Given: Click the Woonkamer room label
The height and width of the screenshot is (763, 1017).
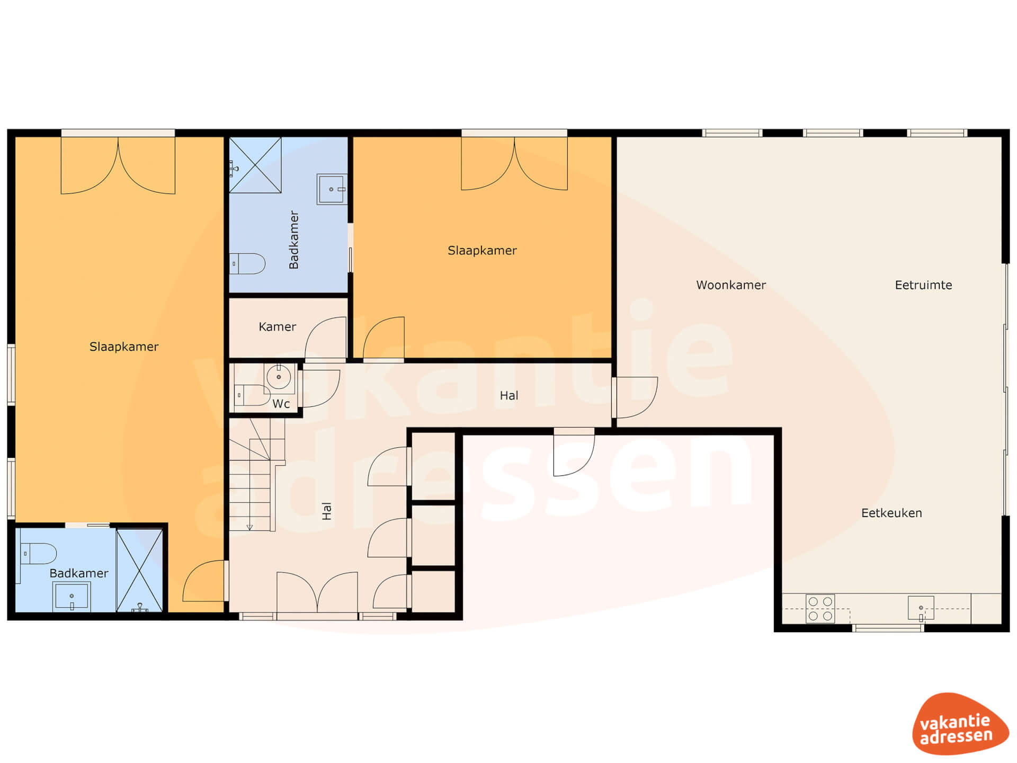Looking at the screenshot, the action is [731, 285].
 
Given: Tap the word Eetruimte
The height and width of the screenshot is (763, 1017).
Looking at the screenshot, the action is [923, 285].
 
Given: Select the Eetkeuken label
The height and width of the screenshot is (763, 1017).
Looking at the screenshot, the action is [891, 513].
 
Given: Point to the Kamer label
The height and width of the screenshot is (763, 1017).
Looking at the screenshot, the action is [277, 327].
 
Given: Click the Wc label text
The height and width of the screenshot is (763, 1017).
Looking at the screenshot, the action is [281, 404].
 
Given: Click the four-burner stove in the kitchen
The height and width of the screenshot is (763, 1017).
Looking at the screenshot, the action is [820, 609].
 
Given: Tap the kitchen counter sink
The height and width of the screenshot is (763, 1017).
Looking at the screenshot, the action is [921, 608].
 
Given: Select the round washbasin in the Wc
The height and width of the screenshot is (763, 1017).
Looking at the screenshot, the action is [279, 377].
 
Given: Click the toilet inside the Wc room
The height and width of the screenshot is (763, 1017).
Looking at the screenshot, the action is [252, 395].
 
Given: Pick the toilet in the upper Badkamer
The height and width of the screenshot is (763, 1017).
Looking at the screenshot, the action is [247, 263].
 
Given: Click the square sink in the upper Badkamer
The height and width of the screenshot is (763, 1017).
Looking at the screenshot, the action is [332, 189].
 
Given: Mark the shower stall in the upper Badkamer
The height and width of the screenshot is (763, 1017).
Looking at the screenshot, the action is [255, 165].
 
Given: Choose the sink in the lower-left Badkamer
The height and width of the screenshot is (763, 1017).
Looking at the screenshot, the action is [72, 596].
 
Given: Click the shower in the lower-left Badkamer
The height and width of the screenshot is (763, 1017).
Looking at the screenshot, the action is [139, 570].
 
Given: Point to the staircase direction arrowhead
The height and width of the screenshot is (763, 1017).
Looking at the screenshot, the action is [249, 527].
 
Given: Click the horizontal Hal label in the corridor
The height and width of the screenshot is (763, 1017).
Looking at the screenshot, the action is [509, 395].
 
